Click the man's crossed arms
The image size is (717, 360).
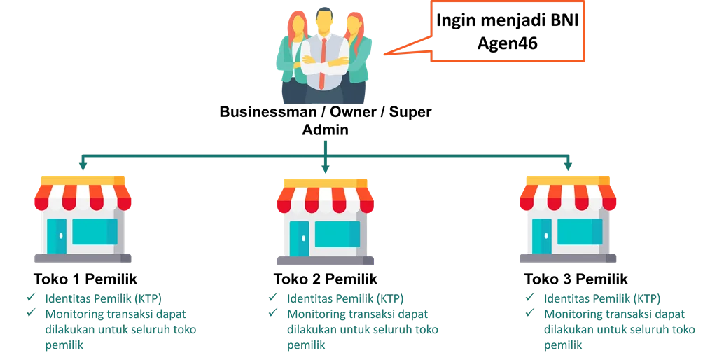323,67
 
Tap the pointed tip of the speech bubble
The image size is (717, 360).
384,54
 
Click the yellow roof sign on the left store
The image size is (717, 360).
83,180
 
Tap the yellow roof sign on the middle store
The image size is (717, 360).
325,181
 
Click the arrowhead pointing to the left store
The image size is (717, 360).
83,167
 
